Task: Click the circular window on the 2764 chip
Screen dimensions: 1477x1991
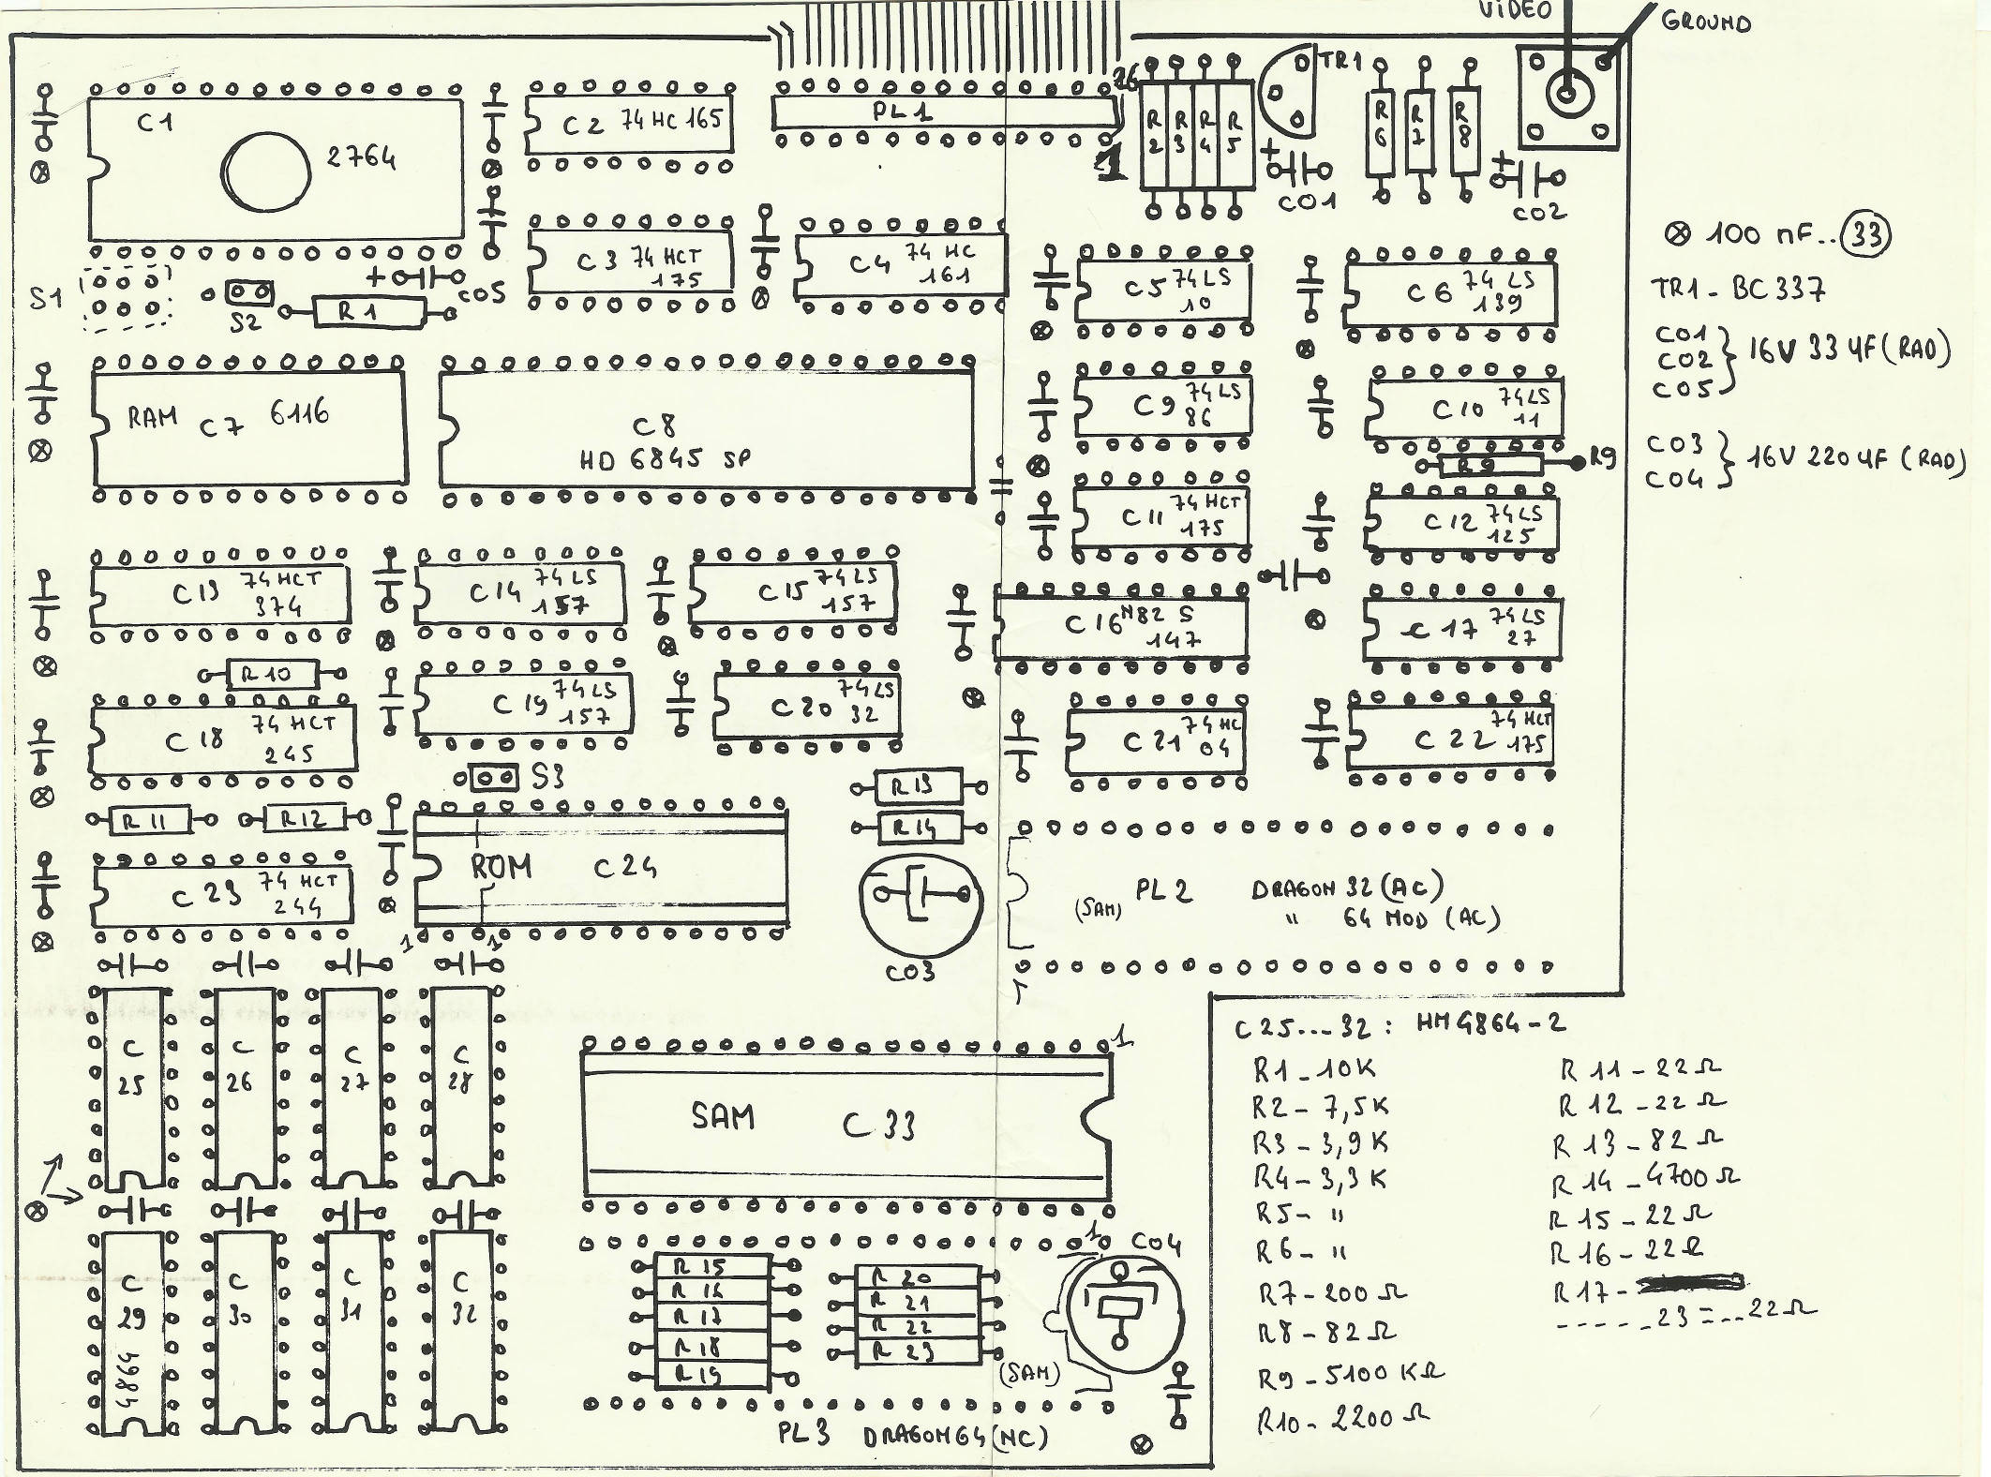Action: pos(266,172)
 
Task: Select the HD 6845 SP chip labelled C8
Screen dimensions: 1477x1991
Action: pos(707,428)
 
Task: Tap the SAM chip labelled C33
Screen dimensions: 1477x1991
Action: pos(846,1125)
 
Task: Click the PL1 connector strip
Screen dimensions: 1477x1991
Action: pos(945,113)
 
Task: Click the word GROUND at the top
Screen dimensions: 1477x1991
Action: pos(1706,22)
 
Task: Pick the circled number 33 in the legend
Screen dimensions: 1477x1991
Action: pos(1866,234)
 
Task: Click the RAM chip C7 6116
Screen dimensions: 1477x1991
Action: pos(249,427)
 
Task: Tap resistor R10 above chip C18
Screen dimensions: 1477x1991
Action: pos(273,673)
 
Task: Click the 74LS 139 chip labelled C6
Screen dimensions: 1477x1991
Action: pos(1450,291)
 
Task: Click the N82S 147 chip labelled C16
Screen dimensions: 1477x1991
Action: pos(1120,627)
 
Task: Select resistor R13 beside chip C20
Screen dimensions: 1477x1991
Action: pos(920,787)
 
